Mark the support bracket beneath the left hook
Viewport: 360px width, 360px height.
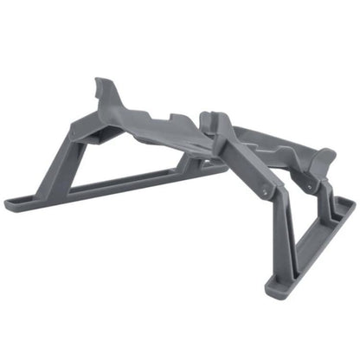tap(97, 130)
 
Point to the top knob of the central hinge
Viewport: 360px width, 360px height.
tap(209, 116)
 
